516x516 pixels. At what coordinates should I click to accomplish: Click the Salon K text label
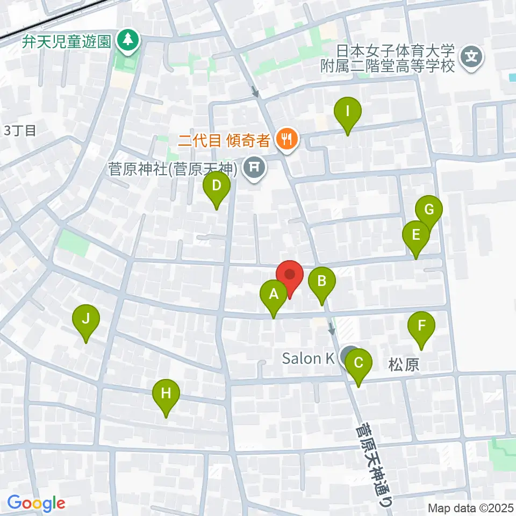click(x=309, y=358)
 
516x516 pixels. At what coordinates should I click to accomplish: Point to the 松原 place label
click(x=403, y=366)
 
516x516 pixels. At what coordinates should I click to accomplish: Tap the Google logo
click(x=36, y=503)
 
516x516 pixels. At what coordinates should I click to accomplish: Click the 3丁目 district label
click(x=20, y=130)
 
